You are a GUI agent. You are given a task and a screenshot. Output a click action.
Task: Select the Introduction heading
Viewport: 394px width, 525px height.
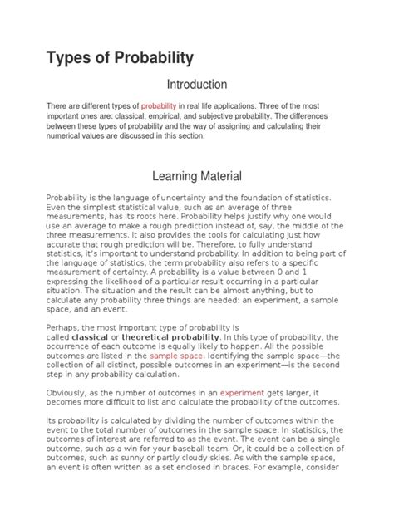coord(197,84)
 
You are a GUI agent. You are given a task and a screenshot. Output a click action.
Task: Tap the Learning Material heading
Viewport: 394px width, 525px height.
coord(197,176)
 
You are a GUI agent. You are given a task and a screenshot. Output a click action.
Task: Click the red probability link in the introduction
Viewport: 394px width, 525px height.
coord(159,107)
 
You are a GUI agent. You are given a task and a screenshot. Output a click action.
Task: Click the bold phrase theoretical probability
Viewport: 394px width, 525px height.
coord(171,337)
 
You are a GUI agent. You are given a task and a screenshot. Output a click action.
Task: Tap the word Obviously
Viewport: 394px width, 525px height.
coord(67,391)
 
